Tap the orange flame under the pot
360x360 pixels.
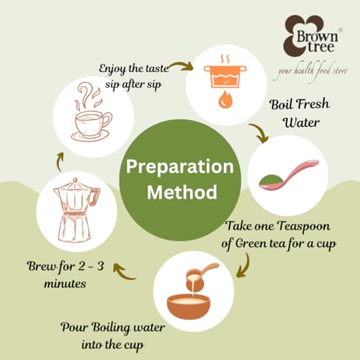coord(225,100)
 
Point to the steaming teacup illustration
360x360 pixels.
coord(92,112)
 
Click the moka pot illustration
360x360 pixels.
coord(76,210)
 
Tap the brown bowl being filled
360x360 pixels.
coord(189,307)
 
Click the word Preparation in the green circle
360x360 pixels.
coord(180,166)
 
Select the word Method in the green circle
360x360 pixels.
coord(182,192)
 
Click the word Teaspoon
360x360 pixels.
coord(304,227)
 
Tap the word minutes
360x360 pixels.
coord(65,284)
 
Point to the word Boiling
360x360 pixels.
coord(111,328)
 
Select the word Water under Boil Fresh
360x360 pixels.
coord(302,122)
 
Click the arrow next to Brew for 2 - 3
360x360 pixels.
coord(123,271)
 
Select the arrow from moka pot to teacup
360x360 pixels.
coord(59,161)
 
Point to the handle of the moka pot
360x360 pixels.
coord(95,197)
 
